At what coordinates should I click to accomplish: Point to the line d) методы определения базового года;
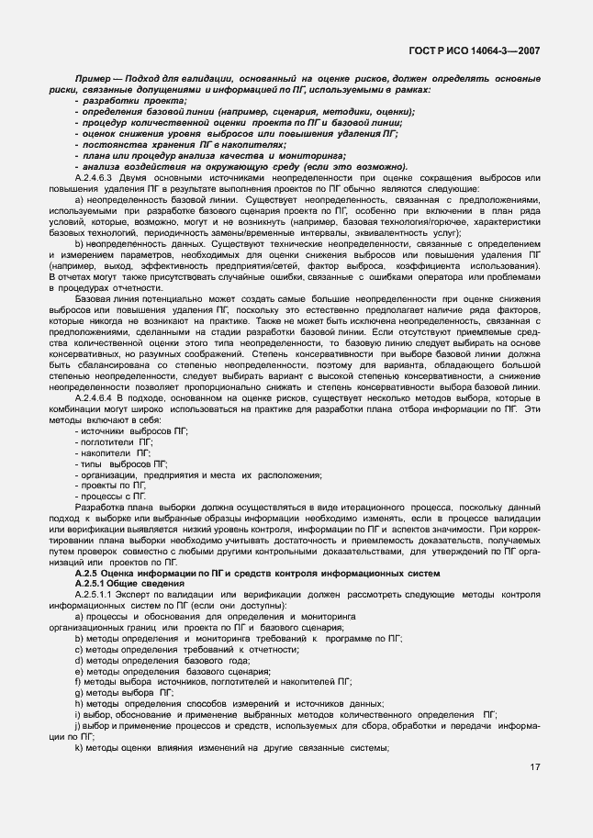coord(161,660)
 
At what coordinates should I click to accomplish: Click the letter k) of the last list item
coord(79,746)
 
